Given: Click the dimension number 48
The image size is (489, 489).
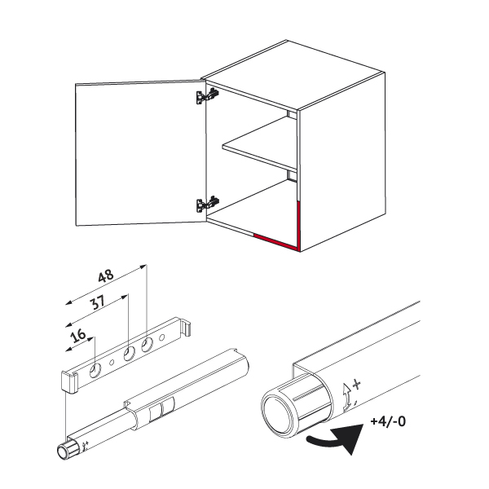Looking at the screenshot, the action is point(106,275).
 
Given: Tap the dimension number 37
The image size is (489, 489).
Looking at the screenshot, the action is point(97,302).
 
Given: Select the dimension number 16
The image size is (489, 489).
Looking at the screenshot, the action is point(78,335).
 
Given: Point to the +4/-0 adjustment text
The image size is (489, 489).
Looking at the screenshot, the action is point(388,421).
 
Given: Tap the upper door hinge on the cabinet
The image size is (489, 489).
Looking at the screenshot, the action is point(207,95).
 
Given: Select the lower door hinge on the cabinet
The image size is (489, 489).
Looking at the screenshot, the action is point(207,204).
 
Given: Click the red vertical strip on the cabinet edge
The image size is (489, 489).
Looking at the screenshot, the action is point(299,226).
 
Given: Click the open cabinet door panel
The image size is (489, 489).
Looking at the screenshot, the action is point(141,153).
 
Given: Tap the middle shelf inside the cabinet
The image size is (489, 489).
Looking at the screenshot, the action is point(259,144).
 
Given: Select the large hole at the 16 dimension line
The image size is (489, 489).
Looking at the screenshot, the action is point(95,371).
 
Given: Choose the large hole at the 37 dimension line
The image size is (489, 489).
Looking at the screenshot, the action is point(129,354).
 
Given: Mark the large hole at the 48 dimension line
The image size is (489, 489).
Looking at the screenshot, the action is point(147,345).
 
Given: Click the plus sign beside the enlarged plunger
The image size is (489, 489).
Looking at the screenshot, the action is point(356,384).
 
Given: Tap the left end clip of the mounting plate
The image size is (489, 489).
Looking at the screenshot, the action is point(69,381).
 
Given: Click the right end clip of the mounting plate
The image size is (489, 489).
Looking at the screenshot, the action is point(185,327).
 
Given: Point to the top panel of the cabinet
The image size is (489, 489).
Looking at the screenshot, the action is point(293,75).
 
